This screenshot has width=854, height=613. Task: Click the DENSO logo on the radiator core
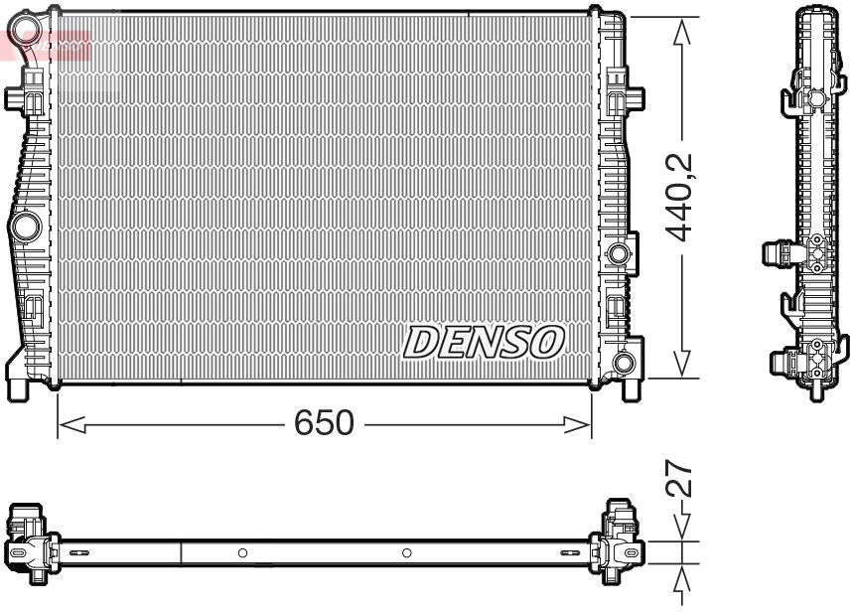[x=484, y=343]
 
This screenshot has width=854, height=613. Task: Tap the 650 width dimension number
[x=324, y=423]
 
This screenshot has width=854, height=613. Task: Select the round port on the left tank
[x=23, y=228]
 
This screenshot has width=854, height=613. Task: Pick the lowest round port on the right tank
[x=624, y=363]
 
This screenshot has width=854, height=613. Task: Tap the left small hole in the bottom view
[x=242, y=552]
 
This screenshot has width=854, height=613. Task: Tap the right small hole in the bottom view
[x=406, y=552]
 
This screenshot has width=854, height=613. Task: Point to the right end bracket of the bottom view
[x=621, y=542]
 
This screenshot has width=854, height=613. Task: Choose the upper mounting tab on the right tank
[x=632, y=98]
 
